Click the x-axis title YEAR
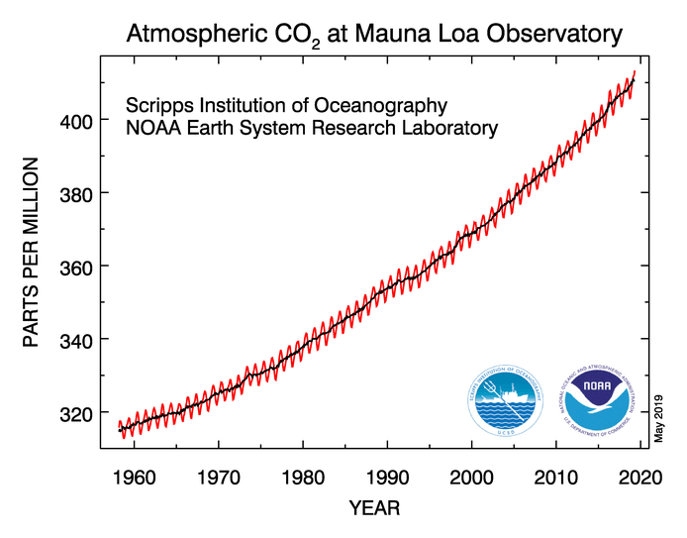[x=374, y=509]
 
